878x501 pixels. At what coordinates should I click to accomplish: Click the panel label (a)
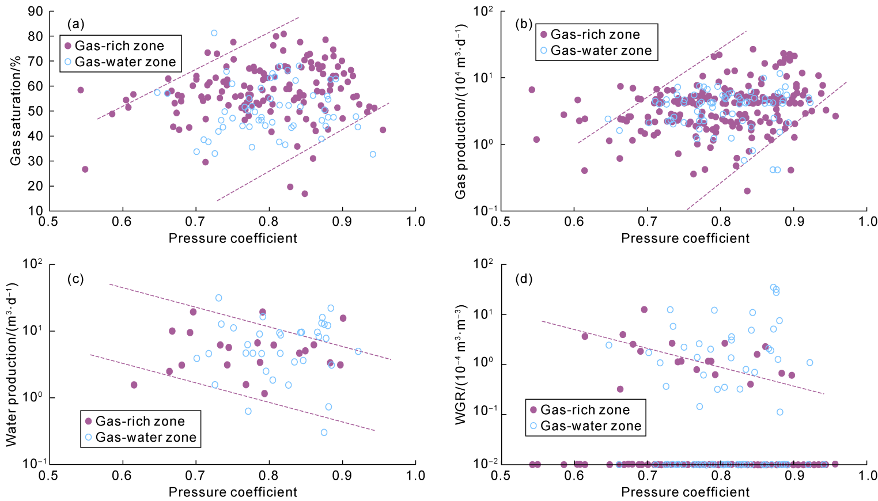(76, 24)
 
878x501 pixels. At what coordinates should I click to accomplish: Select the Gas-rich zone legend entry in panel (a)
(113, 46)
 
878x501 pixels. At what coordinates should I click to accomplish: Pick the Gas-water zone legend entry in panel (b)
(595, 51)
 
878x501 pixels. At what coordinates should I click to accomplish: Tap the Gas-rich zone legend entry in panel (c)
(134, 422)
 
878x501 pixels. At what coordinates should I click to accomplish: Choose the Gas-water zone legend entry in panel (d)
(585, 426)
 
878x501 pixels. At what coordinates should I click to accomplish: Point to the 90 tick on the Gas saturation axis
(35, 12)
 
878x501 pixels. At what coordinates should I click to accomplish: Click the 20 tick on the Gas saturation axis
(35, 186)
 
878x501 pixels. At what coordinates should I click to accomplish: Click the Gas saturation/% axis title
(16, 112)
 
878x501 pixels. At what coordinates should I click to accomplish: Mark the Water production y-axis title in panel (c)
(12, 364)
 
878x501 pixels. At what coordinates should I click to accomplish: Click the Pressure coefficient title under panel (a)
(233, 238)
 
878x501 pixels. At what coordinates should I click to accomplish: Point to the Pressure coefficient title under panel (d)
(685, 492)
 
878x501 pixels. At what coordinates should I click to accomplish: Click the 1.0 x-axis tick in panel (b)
(868, 222)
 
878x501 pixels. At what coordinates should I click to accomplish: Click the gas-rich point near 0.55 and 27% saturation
(85, 169)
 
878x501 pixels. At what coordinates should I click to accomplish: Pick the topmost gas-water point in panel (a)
(214, 33)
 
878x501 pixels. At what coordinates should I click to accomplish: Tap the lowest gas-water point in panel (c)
(324, 432)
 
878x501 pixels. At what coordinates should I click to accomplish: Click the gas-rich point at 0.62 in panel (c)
(134, 385)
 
